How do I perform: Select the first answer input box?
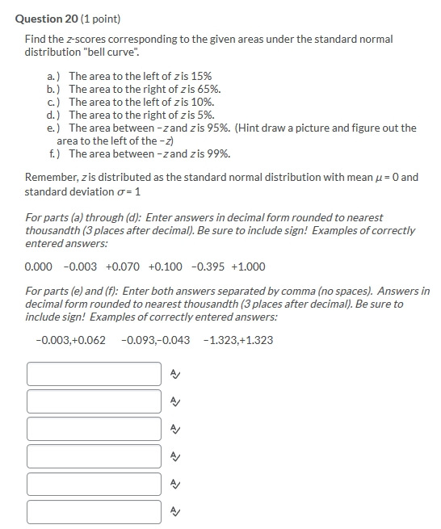tap(94, 374)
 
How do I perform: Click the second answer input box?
tap(94, 401)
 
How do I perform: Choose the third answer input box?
tap(94, 429)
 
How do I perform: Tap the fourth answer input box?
tap(94, 456)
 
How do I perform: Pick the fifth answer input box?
tap(94, 484)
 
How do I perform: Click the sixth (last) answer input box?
tap(94, 511)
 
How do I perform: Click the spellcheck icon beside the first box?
tap(175, 374)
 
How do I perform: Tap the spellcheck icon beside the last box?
tap(175, 511)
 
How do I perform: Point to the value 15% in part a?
tap(200, 76)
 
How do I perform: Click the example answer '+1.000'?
tap(248, 267)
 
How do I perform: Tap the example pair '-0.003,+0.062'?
tap(70, 340)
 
